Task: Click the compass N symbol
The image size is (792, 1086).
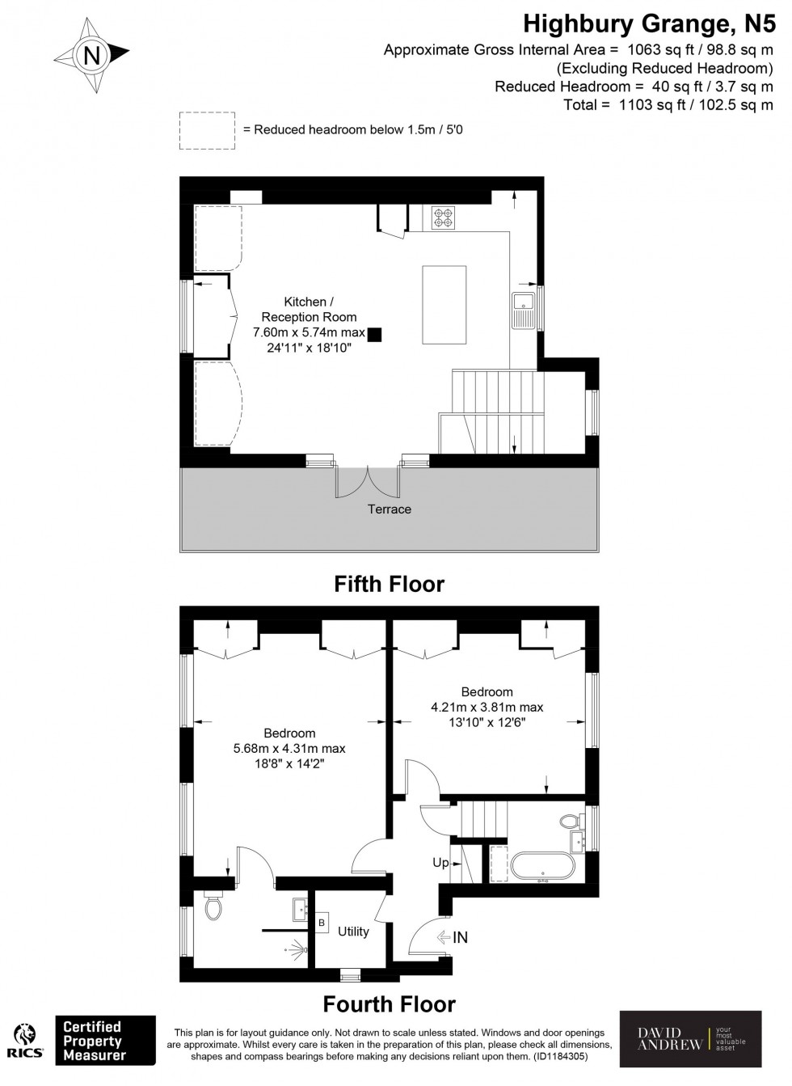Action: pyautogui.click(x=91, y=56)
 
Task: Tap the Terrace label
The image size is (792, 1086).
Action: pyautogui.click(x=390, y=509)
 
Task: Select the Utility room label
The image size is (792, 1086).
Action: pyautogui.click(x=353, y=932)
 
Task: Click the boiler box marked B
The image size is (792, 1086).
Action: pyautogui.click(x=322, y=923)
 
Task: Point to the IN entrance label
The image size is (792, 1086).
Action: pyautogui.click(x=460, y=938)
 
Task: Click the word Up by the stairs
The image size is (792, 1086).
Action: pyautogui.click(x=440, y=863)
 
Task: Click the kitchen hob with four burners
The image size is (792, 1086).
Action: pyautogui.click(x=443, y=218)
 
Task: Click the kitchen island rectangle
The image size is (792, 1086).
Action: pyautogui.click(x=444, y=303)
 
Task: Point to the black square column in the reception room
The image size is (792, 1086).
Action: pyautogui.click(x=374, y=334)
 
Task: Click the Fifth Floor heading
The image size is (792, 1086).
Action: pyautogui.click(x=390, y=584)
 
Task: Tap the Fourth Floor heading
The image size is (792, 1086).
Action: pyautogui.click(x=390, y=1004)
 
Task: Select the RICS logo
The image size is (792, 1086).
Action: pyautogui.click(x=25, y=1041)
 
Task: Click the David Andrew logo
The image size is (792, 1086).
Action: pyautogui.click(x=690, y=1040)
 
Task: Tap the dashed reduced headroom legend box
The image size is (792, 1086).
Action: pyautogui.click(x=207, y=130)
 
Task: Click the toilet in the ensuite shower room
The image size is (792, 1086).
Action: pyautogui.click(x=213, y=907)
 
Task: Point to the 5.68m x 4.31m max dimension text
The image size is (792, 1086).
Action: pyautogui.click(x=289, y=749)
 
